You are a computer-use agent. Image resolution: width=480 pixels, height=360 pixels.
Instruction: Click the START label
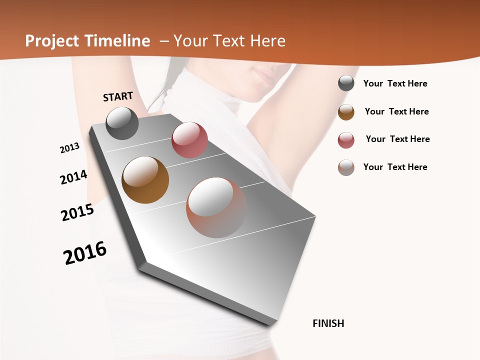[x=118, y=96]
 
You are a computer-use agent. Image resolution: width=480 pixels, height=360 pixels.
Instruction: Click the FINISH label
[x=328, y=323]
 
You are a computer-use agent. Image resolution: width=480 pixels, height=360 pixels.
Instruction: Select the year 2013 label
[x=69, y=148]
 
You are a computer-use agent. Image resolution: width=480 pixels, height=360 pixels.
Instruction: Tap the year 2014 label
[x=73, y=177]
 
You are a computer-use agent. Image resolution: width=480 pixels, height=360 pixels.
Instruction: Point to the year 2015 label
[x=77, y=212]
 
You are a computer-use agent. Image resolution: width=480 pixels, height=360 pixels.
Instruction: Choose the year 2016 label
[x=85, y=253]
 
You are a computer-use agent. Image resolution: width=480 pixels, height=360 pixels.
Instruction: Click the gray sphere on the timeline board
[x=122, y=123]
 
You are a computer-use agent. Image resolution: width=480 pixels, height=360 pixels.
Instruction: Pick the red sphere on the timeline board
[x=189, y=140]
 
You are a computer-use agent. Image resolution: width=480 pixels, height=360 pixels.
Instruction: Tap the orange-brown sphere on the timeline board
[x=145, y=179]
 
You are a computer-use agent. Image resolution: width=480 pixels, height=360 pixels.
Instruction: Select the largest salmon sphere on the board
[x=216, y=207]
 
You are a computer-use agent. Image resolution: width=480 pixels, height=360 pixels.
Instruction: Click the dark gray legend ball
[x=346, y=83]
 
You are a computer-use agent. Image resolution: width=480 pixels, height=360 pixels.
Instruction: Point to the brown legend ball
[x=346, y=112]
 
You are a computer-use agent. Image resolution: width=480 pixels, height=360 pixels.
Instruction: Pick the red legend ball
[x=346, y=140]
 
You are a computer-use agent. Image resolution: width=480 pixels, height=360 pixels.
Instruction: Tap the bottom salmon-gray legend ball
[x=346, y=167]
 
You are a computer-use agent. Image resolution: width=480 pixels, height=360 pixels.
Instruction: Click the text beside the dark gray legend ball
[x=395, y=84]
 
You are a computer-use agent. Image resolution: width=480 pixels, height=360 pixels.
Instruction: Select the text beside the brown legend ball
[x=397, y=111]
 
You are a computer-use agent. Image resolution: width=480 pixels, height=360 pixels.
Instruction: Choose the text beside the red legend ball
[x=398, y=139]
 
